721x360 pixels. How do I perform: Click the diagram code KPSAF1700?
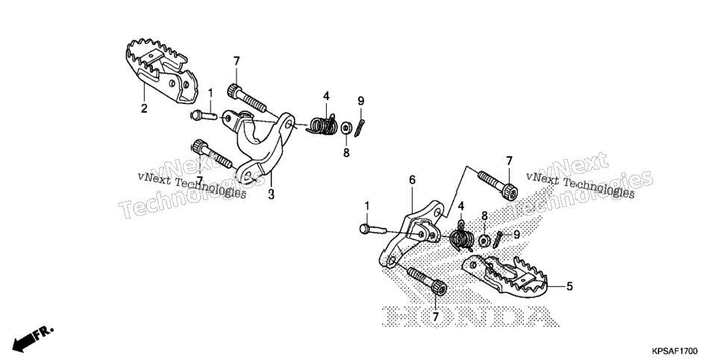pos(676,351)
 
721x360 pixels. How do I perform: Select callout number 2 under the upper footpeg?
pos(144,108)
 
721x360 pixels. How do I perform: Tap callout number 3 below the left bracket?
pos(271,194)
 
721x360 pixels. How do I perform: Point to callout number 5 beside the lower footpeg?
pos(569,286)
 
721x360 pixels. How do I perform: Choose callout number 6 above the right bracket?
pos(412,179)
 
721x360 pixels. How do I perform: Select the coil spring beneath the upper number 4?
pos(322,126)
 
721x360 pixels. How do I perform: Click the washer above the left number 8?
pos(346,128)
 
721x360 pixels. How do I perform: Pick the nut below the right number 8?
pos(484,240)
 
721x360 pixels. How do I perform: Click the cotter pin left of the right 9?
pos(499,239)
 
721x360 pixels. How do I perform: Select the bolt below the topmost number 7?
pos(246,98)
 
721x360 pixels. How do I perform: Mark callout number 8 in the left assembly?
pos(346,152)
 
